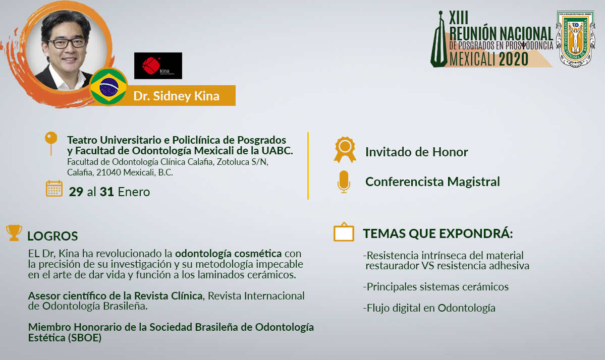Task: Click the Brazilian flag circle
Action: click(x=108, y=86)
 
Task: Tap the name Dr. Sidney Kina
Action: click(x=176, y=96)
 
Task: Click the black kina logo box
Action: click(x=158, y=66)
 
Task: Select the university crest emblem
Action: click(x=575, y=38)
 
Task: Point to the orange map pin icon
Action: click(x=51, y=143)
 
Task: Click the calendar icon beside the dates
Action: click(x=54, y=189)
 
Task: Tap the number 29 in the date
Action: click(x=76, y=192)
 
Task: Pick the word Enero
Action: click(x=134, y=192)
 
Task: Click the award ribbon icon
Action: click(x=345, y=150)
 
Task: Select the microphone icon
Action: click(x=344, y=182)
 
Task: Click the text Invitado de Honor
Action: click(x=416, y=152)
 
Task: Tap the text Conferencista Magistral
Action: click(x=432, y=182)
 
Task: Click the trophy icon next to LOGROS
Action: click(x=14, y=233)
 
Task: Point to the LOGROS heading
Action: click(x=52, y=236)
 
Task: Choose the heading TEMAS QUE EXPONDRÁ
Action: click(x=438, y=233)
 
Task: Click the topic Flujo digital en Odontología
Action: click(x=429, y=308)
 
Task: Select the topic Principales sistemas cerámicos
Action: click(x=435, y=287)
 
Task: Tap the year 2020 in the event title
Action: click(x=514, y=59)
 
